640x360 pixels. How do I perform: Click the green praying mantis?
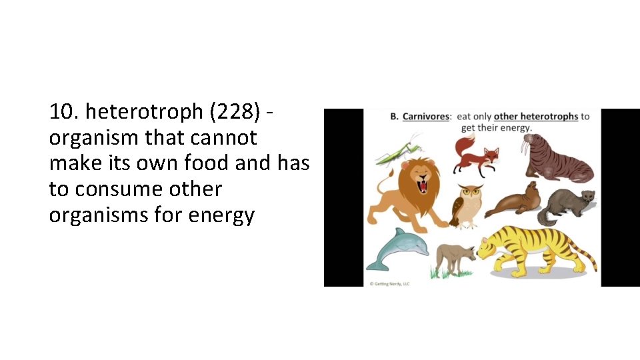coord(399,151)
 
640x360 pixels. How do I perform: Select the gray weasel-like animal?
coord(567,203)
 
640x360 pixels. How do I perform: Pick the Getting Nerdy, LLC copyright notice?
coord(391,283)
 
